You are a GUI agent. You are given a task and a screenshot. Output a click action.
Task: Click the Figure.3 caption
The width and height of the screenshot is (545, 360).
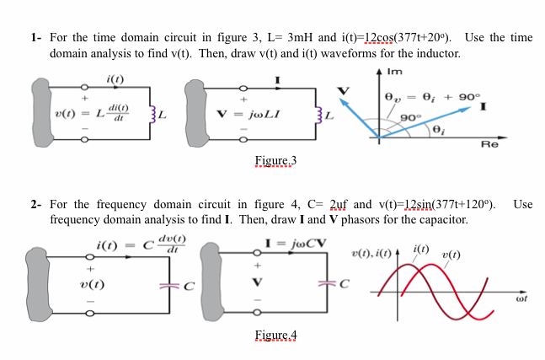tap(275, 160)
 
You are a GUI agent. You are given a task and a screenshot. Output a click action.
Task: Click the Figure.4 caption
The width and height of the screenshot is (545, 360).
tap(275, 335)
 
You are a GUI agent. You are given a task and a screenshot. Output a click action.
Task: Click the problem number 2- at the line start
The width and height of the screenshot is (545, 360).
tap(35, 205)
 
